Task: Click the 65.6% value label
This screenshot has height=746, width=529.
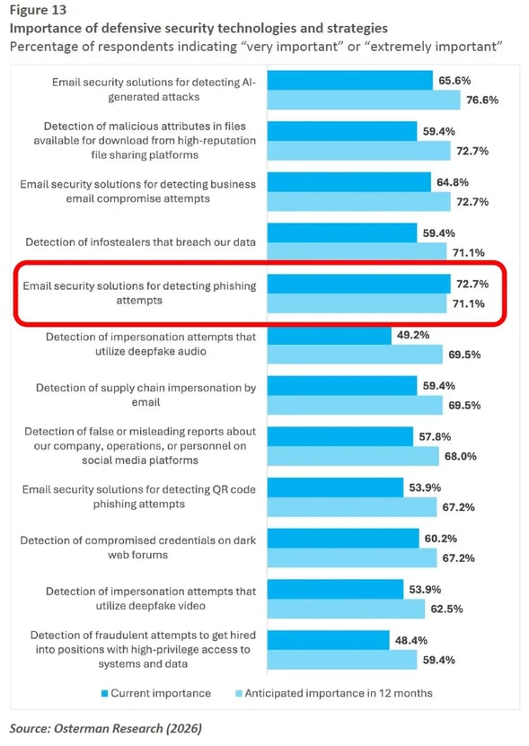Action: pos(454,80)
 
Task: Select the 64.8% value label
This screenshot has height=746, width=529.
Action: pos(453,182)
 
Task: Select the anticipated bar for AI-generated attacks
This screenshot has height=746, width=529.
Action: pos(364,100)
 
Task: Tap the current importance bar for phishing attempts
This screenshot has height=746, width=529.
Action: pos(357,284)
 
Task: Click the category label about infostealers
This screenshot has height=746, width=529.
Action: pos(140,242)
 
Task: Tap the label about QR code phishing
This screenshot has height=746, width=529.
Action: pos(139,496)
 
